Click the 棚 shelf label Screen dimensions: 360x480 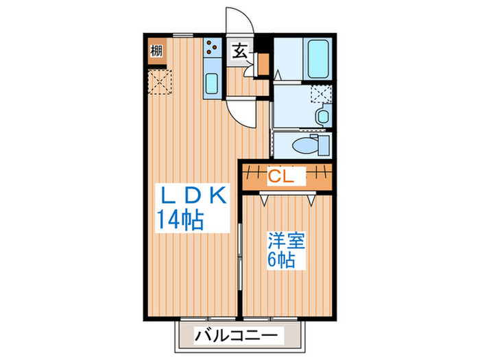tap(156, 51)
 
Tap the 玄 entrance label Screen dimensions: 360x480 tap(240, 51)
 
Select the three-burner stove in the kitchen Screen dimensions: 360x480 tap(211, 49)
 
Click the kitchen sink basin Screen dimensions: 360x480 tap(212, 83)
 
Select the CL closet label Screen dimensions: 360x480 tap(280, 176)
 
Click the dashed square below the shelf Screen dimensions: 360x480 tap(158, 81)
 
